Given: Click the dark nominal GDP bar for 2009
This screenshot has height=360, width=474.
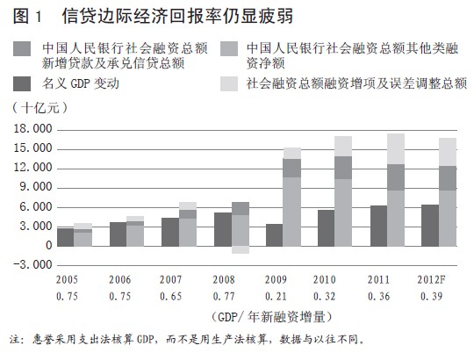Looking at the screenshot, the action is [274, 235].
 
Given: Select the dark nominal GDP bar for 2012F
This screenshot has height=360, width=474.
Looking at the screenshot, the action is [430, 226].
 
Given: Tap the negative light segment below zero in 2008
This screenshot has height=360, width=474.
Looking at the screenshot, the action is [241, 249].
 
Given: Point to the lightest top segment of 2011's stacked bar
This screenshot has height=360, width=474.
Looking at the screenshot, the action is [396, 149].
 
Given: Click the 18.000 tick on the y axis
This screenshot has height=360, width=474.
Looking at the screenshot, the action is [33, 129].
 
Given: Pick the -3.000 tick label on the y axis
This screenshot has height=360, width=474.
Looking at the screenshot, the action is [33, 265].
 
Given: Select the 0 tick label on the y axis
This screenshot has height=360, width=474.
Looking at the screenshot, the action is [49, 246].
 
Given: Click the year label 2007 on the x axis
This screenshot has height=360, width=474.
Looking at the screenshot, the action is [170, 279].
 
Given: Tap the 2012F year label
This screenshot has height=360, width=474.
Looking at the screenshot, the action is [431, 279].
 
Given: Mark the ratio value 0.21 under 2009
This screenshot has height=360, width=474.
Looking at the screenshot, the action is [276, 297].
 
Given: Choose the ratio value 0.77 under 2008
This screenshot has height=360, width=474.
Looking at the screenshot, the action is [224, 297].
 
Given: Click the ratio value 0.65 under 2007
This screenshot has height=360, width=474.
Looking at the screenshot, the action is [171, 297].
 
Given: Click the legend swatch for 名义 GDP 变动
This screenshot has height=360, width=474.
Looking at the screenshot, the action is [22, 83].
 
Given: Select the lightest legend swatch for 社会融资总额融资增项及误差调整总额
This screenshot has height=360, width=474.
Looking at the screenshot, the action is [229, 83].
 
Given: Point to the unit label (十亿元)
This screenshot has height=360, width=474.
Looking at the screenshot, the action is [39, 108].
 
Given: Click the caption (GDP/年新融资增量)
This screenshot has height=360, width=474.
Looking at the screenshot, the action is [271, 317].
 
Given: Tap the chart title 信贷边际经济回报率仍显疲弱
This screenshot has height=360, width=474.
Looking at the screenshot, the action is [177, 16].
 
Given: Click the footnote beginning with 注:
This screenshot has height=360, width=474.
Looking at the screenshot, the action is [188, 340].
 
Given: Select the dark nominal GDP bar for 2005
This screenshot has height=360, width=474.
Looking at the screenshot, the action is [66, 237].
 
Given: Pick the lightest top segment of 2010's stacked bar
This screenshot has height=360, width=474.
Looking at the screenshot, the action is [343, 147].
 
